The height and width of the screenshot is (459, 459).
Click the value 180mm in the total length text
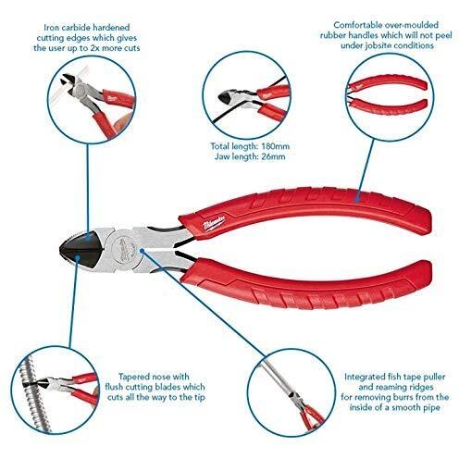click(x=275, y=146)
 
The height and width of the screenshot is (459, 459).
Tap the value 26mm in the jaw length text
click(x=273, y=156)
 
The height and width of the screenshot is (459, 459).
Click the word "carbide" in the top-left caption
click(x=76, y=28)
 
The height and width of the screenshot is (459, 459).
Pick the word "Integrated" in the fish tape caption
click(x=364, y=378)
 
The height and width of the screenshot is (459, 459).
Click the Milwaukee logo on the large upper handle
click(x=215, y=222)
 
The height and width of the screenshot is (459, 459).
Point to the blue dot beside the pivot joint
click(x=143, y=250)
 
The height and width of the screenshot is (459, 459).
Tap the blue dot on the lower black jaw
click(x=78, y=256)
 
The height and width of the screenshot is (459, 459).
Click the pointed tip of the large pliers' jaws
click(x=60, y=250)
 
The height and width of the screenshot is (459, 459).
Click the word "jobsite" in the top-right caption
click(x=378, y=46)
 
